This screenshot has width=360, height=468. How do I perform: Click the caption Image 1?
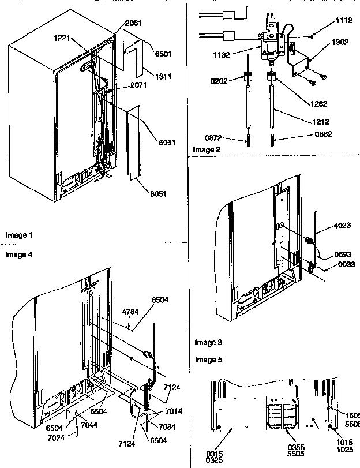pyautogui.click(x=19, y=235)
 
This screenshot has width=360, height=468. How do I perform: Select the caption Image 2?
pyautogui.click(x=207, y=149)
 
